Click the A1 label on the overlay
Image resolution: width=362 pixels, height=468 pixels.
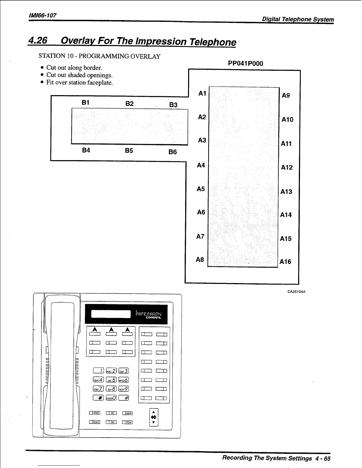coord(202,93)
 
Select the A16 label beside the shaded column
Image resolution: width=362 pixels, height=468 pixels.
coord(285,262)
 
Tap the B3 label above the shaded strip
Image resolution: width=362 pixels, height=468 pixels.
coord(173,105)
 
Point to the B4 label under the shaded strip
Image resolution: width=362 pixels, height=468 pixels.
coord(86,150)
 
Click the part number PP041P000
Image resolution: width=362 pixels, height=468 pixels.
coord(245,64)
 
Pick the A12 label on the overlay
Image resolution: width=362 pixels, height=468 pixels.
coord(287,168)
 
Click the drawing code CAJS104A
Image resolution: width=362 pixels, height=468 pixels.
coord(296,292)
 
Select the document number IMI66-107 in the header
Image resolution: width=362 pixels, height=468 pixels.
coord(43,15)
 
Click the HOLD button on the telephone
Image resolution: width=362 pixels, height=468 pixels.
coord(95,422)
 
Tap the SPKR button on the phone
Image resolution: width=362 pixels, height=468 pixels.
coord(95,413)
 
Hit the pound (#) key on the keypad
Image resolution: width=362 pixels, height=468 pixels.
coord(124,398)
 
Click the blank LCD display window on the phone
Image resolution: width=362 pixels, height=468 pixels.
coord(111,314)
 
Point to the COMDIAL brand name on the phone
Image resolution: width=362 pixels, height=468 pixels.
coord(153,318)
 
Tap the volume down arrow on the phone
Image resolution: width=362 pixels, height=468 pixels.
coord(153,422)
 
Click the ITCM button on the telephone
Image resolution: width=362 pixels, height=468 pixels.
coord(127,422)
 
